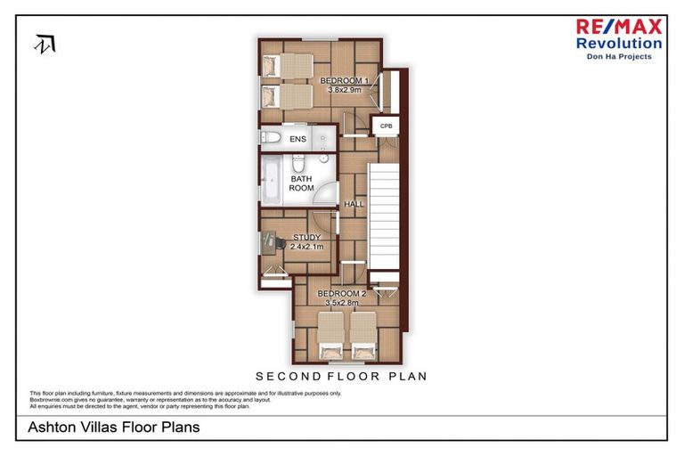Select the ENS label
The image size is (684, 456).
[297, 139]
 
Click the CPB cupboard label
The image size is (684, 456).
[386, 126]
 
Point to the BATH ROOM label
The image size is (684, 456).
[301, 183]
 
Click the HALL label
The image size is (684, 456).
[354, 204]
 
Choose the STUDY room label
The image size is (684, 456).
[307, 237]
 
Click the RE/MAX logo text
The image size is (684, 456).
[618, 28]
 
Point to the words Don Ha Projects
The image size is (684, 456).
[618, 56]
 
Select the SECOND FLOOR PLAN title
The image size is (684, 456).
[341, 376]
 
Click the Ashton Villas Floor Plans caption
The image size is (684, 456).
[114, 427]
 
